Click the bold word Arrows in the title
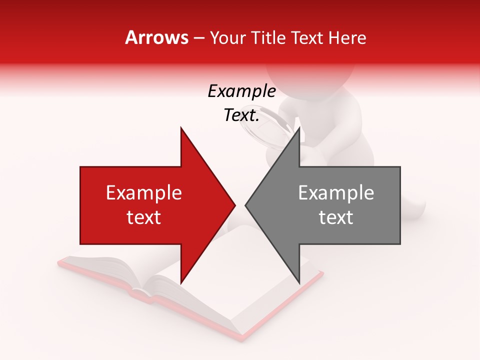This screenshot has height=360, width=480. (157, 37)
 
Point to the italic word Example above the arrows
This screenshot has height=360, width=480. (241, 91)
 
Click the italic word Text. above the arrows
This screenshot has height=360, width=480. (241, 115)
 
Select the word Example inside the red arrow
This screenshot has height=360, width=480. (143, 193)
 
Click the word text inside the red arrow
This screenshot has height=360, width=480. (143, 217)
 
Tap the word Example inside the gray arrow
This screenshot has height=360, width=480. (336, 193)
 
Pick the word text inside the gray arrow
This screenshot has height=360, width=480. (336, 217)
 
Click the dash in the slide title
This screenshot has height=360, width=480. (198, 38)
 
